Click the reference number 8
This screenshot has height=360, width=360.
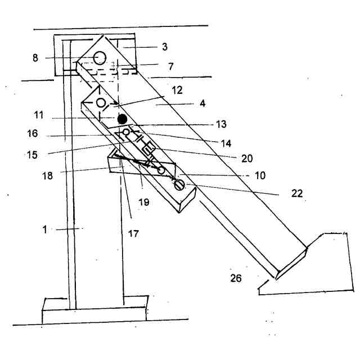coord(35,57)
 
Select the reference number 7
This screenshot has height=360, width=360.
coord(170,66)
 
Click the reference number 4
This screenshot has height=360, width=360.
coord(185,104)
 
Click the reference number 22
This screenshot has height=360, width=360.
coord(296,193)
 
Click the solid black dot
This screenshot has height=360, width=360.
coord(121,119)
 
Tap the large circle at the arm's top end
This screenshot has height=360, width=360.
coord(100,57)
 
